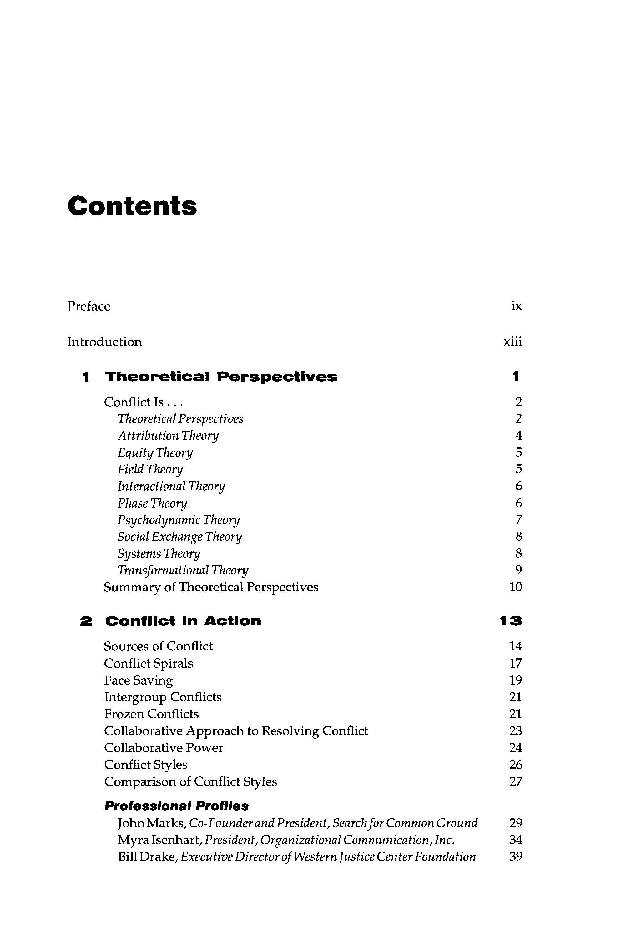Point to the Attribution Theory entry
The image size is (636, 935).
[168, 436]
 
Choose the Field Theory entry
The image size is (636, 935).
[150, 469]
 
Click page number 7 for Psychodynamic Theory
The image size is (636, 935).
[518, 520]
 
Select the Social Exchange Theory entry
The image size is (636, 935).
[179, 537]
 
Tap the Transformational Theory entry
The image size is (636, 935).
[183, 570]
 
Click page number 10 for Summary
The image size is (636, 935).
[515, 587]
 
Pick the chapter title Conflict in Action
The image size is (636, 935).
[183, 621]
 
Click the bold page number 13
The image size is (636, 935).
[511, 621]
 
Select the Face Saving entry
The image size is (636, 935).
[139, 680]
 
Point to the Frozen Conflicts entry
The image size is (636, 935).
[151, 714]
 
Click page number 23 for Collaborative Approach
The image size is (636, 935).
[515, 731]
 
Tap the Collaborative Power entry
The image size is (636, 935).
[163, 748]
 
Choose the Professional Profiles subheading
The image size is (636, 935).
[176, 806]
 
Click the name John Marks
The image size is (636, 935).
[151, 823]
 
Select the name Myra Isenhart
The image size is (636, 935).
[159, 840]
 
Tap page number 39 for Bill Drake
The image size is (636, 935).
[515, 857]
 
